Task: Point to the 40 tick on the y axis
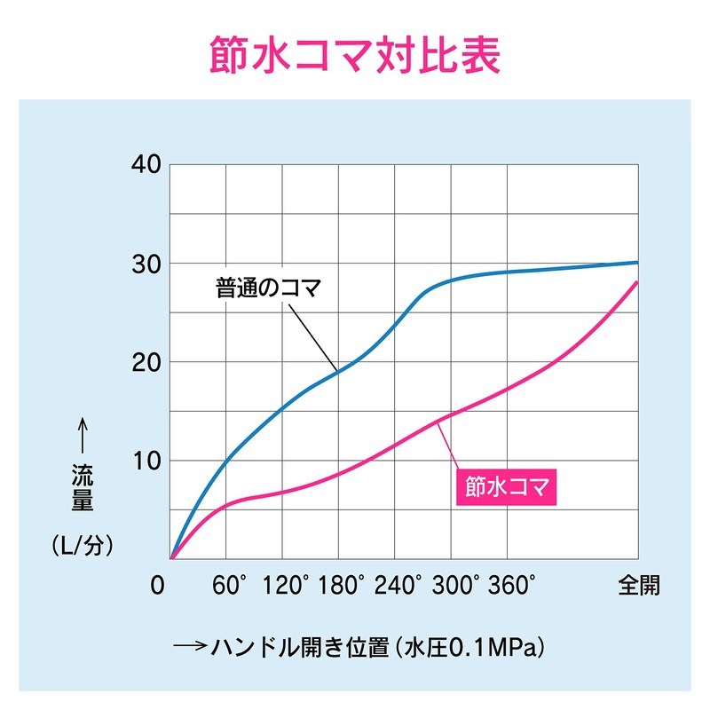point(144,165)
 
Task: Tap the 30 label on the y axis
point(144,264)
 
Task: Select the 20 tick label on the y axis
point(144,362)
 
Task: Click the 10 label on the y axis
point(144,461)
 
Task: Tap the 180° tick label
point(344,585)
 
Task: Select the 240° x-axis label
point(401,585)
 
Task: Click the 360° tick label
point(513,585)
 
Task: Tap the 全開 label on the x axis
point(639,585)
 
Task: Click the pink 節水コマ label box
point(504,486)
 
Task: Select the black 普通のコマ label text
point(266,288)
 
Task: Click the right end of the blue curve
point(636,262)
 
